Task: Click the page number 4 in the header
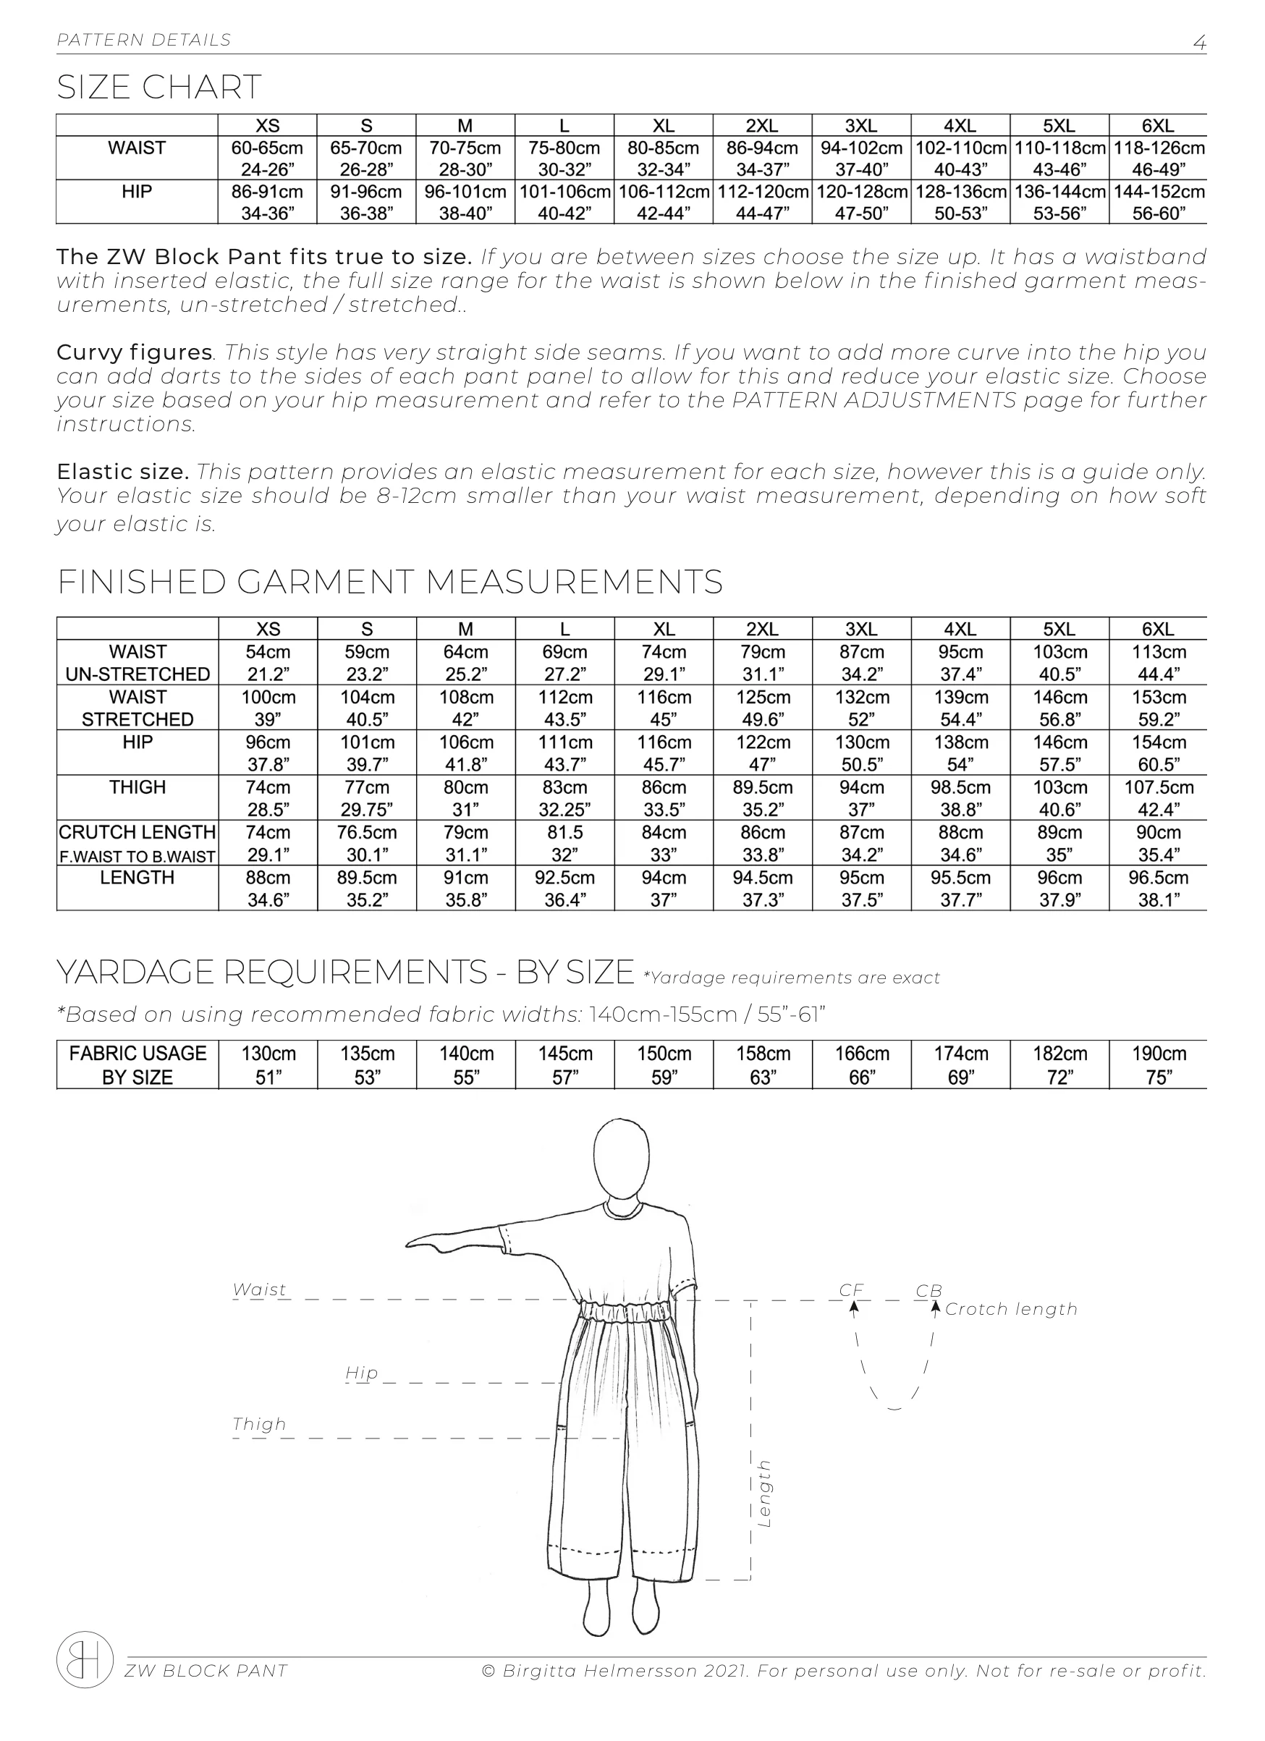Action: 1199,42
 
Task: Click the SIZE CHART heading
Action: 159,87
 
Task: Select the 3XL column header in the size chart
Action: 860,126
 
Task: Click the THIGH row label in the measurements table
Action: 137,787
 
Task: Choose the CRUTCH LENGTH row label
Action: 137,833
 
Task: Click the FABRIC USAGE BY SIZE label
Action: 137,1064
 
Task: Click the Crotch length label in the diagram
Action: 1011,1309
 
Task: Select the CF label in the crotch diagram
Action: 850,1290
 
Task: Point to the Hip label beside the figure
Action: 362,1373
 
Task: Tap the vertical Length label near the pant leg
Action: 763,1493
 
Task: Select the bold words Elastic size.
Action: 123,471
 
